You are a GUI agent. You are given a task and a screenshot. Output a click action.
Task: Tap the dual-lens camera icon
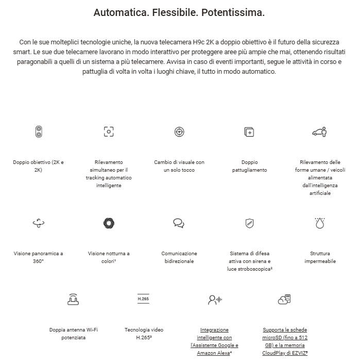[x=39, y=131]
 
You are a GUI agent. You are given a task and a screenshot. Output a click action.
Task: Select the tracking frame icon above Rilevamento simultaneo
[x=109, y=131]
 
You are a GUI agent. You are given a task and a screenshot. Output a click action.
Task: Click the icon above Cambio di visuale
[x=179, y=131]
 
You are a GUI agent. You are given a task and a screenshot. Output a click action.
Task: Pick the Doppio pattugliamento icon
[x=249, y=132]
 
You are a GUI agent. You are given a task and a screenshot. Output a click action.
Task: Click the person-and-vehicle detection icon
[x=320, y=131]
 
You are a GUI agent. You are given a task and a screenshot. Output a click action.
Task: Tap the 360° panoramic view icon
[x=39, y=223]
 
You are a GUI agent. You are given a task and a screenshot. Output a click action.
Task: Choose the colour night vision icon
[x=109, y=223]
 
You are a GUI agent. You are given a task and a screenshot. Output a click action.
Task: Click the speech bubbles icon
[x=179, y=223]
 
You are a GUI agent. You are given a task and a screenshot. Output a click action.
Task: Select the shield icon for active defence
[x=249, y=223]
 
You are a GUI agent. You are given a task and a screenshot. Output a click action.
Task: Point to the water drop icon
[x=320, y=223]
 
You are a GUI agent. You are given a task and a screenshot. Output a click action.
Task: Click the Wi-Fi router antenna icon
[x=74, y=299]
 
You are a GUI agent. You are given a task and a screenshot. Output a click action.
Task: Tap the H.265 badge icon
[x=144, y=299]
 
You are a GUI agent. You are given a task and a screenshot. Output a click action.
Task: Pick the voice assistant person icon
[x=214, y=299]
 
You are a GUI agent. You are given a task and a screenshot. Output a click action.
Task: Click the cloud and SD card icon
[x=284, y=299]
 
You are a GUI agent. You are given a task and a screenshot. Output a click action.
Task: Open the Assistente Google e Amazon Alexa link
[x=214, y=341]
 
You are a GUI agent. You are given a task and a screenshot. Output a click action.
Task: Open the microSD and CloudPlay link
[x=285, y=341]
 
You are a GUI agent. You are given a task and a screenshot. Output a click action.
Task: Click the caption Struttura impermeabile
[x=320, y=257]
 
